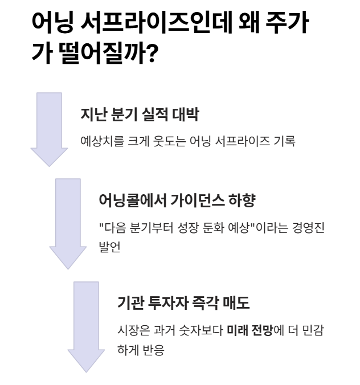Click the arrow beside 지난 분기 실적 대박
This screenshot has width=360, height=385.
pyautogui.click(x=49, y=129)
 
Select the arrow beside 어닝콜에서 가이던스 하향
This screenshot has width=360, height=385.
pyautogui.click(x=68, y=224)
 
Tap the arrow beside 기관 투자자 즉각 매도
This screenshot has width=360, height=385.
pyautogui.click(x=86, y=327)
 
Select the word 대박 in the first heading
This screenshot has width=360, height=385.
pyautogui.click(x=185, y=114)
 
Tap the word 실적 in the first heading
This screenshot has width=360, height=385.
pyautogui.click(x=155, y=114)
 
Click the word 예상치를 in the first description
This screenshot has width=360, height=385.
pyautogui.click(x=102, y=141)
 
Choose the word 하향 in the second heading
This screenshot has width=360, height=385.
pyautogui.click(x=242, y=200)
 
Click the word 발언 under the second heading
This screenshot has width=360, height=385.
pyautogui.click(x=110, y=247)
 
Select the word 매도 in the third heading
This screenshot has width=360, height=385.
pyautogui.click(x=236, y=303)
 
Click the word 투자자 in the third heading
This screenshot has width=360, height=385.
pyautogui.click(x=168, y=303)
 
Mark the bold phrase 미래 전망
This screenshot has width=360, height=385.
pyautogui.click(x=249, y=330)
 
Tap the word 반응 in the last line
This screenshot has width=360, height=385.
pyautogui.click(x=153, y=350)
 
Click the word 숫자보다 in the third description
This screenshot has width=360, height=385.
pyautogui.click(x=201, y=330)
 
